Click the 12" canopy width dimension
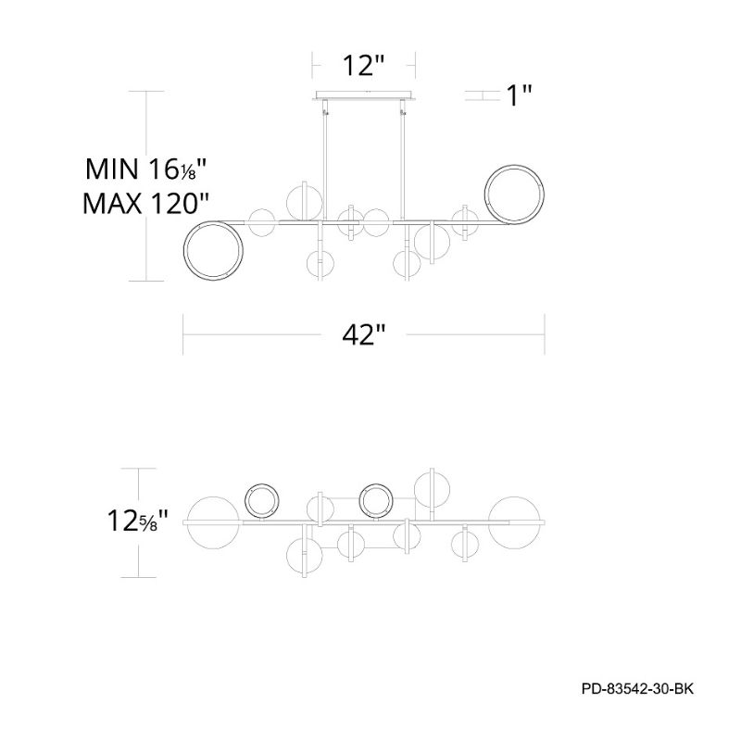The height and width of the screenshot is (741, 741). [363, 65]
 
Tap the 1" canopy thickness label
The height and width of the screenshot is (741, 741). [520, 95]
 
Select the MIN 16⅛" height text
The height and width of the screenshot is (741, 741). [146, 169]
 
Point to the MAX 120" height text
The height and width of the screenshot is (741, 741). [145, 204]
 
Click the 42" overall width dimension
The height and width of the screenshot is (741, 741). [364, 334]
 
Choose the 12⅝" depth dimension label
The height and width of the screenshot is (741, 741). [138, 521]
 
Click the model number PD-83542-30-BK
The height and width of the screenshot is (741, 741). [637, 688]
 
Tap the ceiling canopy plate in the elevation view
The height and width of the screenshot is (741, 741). [363, 95]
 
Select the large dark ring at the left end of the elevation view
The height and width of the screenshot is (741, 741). [214, 250]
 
